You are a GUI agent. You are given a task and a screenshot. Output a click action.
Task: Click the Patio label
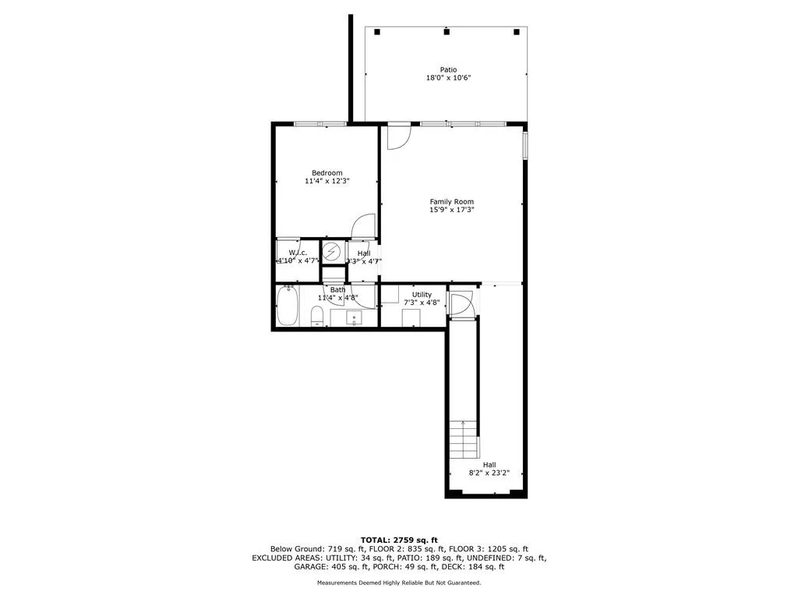click(447, 69)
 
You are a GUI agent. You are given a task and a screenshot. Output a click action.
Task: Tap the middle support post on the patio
click(447, 32)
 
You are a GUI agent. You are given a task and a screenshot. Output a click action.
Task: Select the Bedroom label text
click(327, 173)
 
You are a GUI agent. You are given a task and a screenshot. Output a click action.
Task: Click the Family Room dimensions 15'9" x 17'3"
click(451, 210)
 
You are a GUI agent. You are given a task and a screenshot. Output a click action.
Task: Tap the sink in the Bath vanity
click(353, 317)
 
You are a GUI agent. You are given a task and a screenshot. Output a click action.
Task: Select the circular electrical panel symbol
click(332, 252)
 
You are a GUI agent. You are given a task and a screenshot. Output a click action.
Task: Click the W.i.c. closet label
click(297, 253)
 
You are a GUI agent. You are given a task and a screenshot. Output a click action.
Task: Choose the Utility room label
click(422, 295)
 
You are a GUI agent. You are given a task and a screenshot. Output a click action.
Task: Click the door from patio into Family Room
click(398, 136)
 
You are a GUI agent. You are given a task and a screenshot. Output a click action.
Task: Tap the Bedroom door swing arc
click(363, 225)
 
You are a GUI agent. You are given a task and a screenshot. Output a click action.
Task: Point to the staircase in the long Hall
click(464, 441)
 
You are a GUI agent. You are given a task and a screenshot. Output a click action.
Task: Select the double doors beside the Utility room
click(461, 305)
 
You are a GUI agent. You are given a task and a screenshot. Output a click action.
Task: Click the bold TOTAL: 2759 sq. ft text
click(399, 540)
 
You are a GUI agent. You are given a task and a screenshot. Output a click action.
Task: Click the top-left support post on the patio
click(376, 32)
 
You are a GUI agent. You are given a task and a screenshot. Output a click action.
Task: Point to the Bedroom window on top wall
click(320, 123)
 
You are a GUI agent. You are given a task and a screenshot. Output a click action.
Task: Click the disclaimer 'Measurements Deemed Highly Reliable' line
click(399, 583)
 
